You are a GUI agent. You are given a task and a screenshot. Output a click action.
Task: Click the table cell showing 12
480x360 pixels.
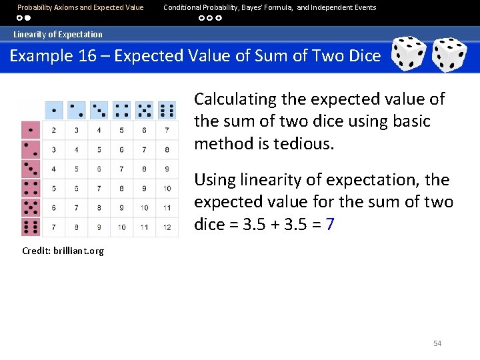(x=167, y=227)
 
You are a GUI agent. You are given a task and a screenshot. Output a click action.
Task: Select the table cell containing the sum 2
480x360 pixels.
(x=53, y=130)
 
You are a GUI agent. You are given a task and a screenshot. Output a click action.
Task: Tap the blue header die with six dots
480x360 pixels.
(x=167, y=110)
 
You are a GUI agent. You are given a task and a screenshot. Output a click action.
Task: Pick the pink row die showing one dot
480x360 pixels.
(x=31, y=130)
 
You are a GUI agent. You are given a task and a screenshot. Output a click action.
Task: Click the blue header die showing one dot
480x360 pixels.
(x=53, y=110)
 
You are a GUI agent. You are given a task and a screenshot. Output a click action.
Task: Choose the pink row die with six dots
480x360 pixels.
(x=31, y=227)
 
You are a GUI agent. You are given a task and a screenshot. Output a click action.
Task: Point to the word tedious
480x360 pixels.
(x=303, y=144)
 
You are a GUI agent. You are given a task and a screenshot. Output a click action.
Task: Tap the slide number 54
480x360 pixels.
(x=437, y=343)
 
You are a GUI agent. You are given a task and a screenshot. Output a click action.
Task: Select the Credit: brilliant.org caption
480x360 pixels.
(x=63, y=251)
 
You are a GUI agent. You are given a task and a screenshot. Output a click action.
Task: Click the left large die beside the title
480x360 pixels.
(x=408, y=54)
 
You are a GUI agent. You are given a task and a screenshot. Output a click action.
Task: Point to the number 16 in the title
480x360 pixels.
(x=87, y=55)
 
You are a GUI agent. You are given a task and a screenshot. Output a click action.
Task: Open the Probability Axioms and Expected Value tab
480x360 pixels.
(x=80, y=7)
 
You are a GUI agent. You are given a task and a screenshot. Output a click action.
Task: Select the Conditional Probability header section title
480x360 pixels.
(x=269, y=7)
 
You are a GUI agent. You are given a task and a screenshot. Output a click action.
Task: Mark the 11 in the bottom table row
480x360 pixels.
(x=144, y=227)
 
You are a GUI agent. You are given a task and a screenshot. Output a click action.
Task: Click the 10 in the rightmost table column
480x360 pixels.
(x=167, y=189)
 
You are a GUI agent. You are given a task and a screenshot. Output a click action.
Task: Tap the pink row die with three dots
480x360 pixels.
(x=31, y=169)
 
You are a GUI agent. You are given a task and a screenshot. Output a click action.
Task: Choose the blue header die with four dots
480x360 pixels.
(x=121, y=110)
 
